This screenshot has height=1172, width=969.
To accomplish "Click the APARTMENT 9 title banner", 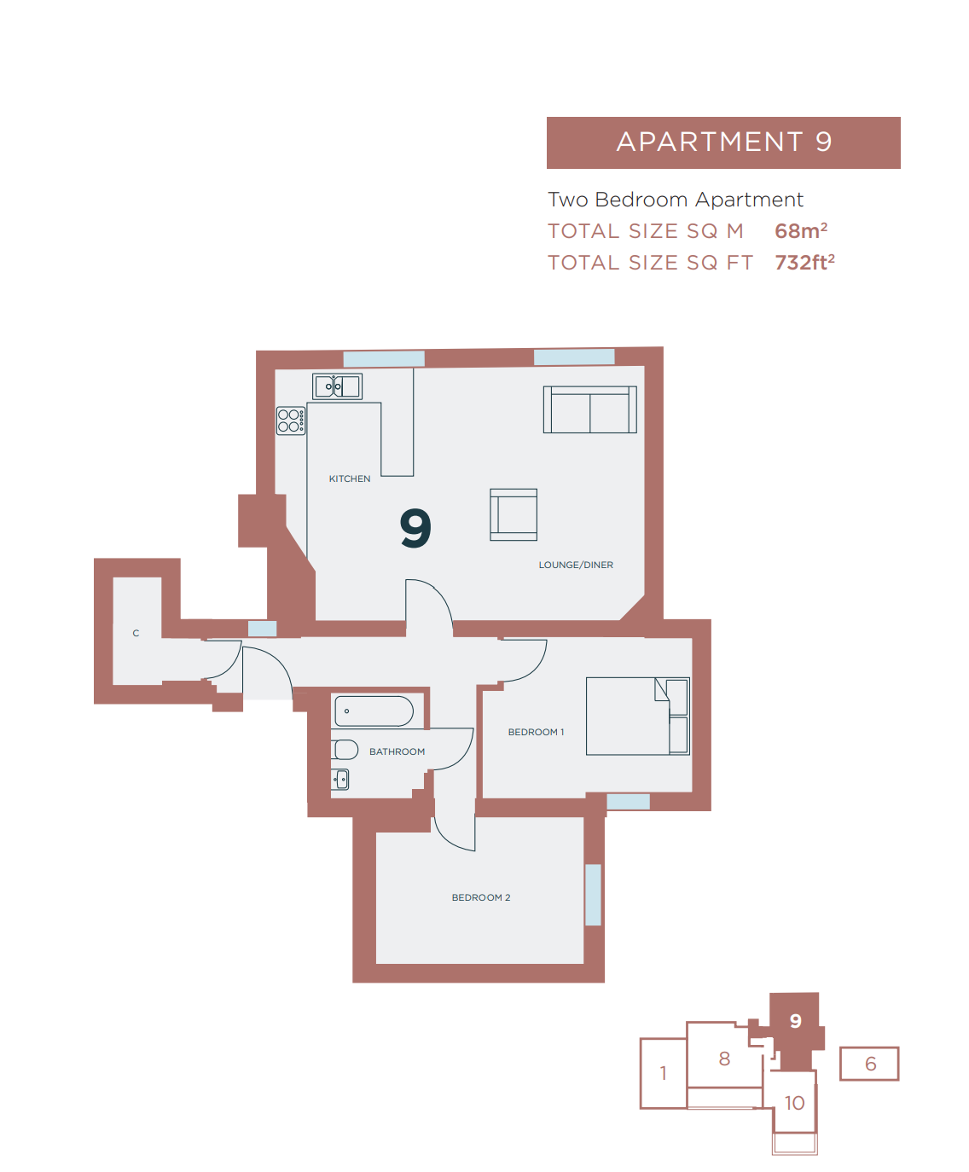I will [723, 142].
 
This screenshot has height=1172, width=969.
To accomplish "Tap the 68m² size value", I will [800, 231].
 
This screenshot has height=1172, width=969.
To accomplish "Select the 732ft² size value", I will [804, 263].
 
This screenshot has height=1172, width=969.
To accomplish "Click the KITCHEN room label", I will [350, 479].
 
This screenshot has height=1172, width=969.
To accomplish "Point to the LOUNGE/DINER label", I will [576, 566].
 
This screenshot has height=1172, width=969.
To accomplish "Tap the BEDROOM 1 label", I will [536, 733].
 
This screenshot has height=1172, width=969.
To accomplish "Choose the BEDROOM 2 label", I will [481, 898].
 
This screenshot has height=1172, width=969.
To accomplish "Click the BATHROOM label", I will [397, 752].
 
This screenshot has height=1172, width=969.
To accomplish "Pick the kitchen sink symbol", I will [338, 386].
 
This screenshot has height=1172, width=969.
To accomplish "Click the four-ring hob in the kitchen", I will [291, 421].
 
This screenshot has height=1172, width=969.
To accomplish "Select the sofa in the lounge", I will [590, 409].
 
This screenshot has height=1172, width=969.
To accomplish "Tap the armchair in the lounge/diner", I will [514, 514].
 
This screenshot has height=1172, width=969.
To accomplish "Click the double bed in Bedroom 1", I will [637, 717].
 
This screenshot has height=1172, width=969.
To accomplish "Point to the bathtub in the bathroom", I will [374, 711].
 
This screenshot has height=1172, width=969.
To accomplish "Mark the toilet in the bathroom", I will [345, 750].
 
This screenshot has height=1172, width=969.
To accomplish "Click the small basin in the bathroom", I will [340, 779].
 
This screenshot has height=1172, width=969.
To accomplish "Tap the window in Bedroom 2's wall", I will [593, 895].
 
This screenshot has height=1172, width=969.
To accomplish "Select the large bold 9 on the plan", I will [415, 528].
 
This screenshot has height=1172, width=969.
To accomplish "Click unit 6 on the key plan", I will [870, 1065].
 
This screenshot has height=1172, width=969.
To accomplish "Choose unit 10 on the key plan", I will [794, 1104].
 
